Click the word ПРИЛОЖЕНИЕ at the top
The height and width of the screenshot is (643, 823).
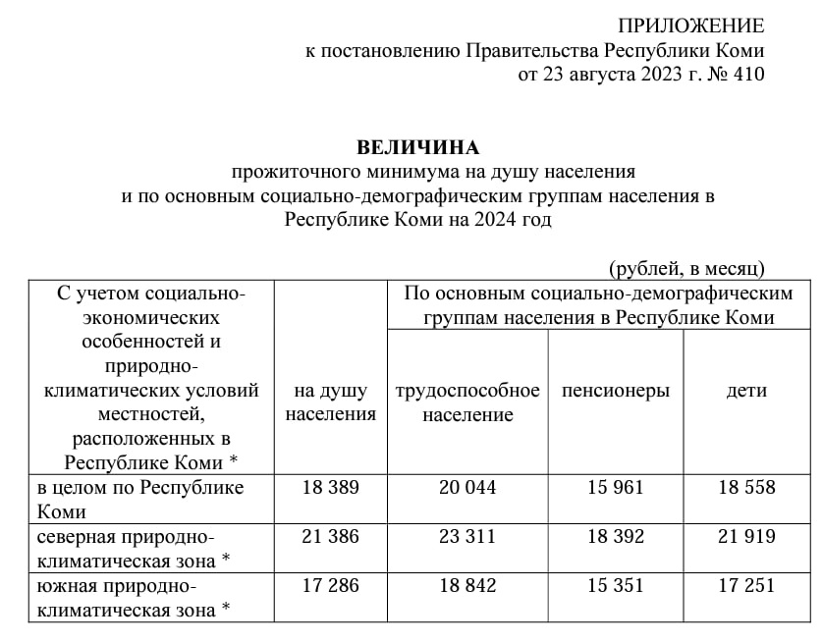click(690, 27)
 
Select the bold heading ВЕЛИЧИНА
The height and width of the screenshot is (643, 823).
click(418, 148)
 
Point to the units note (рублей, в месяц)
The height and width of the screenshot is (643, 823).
click(686, 267)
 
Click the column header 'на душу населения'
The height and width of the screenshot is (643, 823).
click(331, 402)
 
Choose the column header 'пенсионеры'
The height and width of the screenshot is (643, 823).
click(616, 391)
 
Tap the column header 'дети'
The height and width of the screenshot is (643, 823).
click(746, 391)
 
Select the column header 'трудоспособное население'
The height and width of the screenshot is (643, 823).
click(467, 402)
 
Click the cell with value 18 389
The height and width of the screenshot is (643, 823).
click(331, 488)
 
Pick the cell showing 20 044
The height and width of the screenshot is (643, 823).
click(467, 488)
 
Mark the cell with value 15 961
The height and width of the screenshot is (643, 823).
click(615, 488)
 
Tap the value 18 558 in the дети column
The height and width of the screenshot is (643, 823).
click(746, 488)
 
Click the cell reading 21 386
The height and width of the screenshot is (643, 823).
click(331, 537)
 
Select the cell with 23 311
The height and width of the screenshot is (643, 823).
click(467, 537)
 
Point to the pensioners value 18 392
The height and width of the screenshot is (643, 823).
click(615, 537)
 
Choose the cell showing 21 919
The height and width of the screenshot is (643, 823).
click(746, 537)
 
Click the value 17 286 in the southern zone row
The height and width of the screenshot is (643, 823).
click(331, 586)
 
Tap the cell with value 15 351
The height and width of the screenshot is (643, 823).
click(615, 586)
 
